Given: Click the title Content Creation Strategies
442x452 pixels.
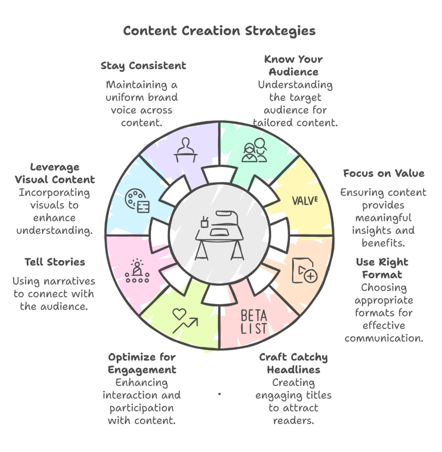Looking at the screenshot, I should point(219,31).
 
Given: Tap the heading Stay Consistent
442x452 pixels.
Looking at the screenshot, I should point(143,66).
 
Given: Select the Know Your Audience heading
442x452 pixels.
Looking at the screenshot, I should point(293,65).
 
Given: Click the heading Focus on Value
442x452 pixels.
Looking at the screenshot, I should point(384,173).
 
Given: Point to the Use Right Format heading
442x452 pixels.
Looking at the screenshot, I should point(382,268).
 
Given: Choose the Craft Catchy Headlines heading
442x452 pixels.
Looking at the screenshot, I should point(293,363).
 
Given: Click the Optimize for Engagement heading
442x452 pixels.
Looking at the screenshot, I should point(142,363).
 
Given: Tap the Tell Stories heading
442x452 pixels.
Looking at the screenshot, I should point(55,262).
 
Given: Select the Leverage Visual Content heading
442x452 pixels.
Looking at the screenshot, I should point(55,173).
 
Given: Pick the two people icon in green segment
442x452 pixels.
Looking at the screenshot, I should point(255,151).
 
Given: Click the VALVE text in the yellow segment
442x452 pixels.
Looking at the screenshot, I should point(305,200).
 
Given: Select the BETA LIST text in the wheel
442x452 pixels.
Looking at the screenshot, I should point(254,322).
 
